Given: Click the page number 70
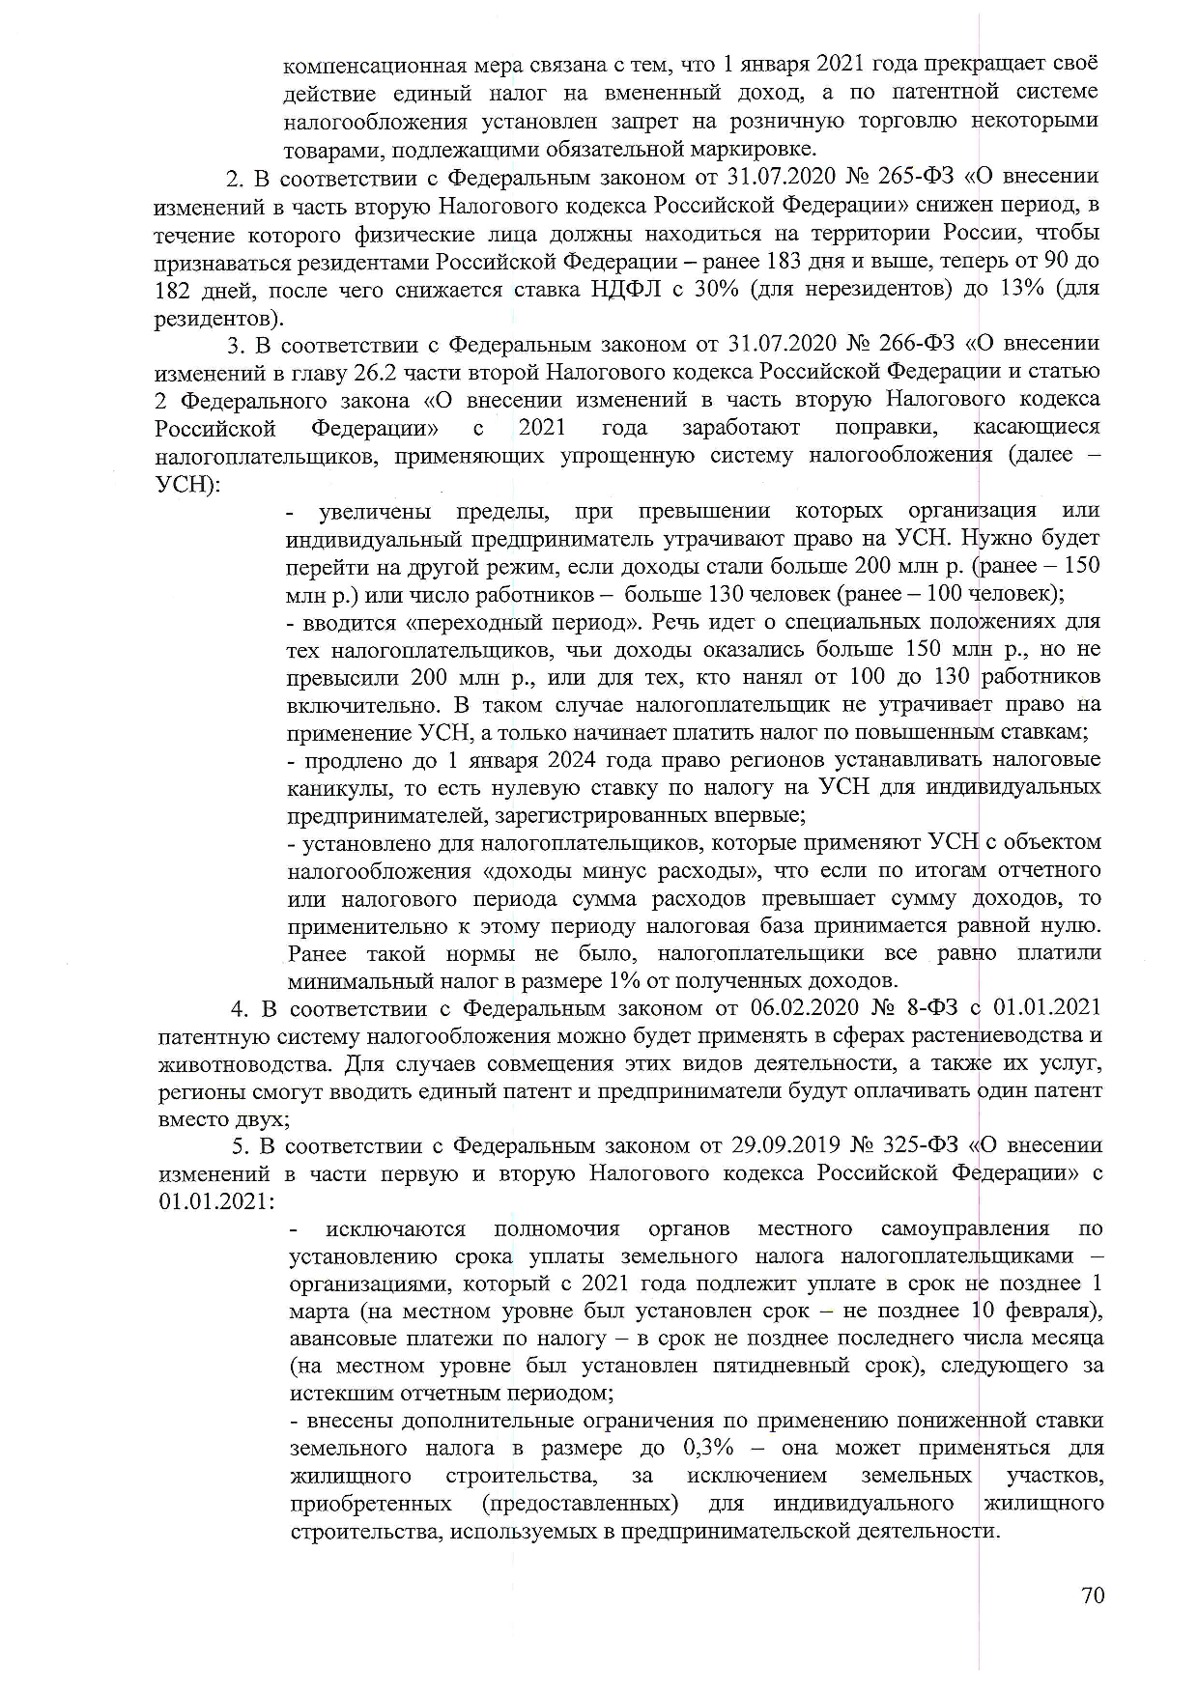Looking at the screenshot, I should [1093, 1594].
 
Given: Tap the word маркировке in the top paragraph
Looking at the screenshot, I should [759, 150].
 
